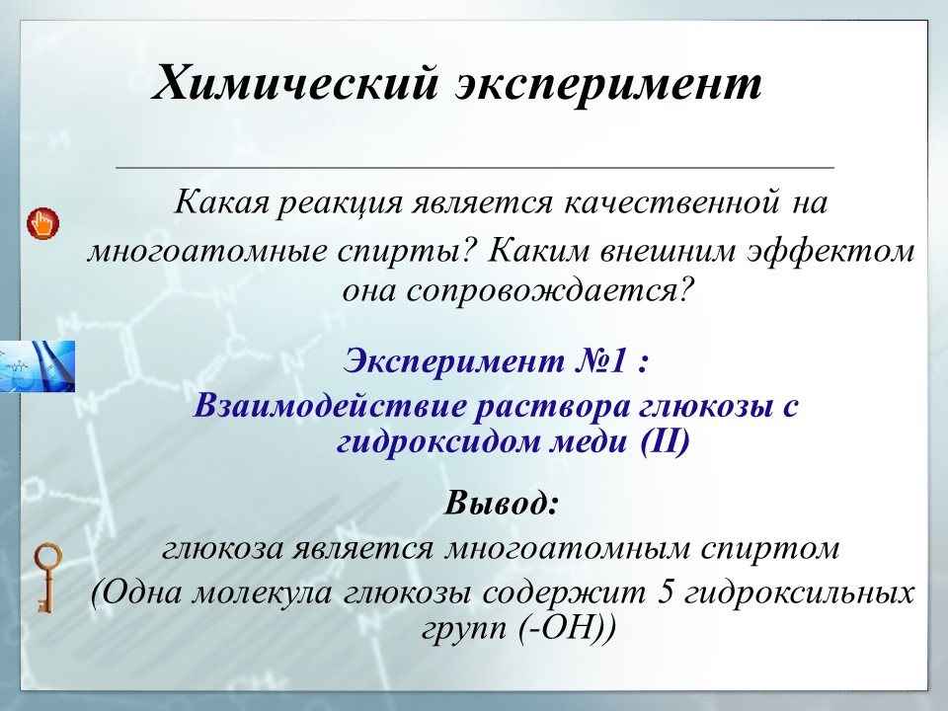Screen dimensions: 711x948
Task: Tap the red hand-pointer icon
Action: tap(42, 222)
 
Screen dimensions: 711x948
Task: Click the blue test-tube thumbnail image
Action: tap(38, 366)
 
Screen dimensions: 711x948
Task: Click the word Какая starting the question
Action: tap(222, 204)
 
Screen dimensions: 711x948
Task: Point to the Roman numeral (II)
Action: tap(663, 442)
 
